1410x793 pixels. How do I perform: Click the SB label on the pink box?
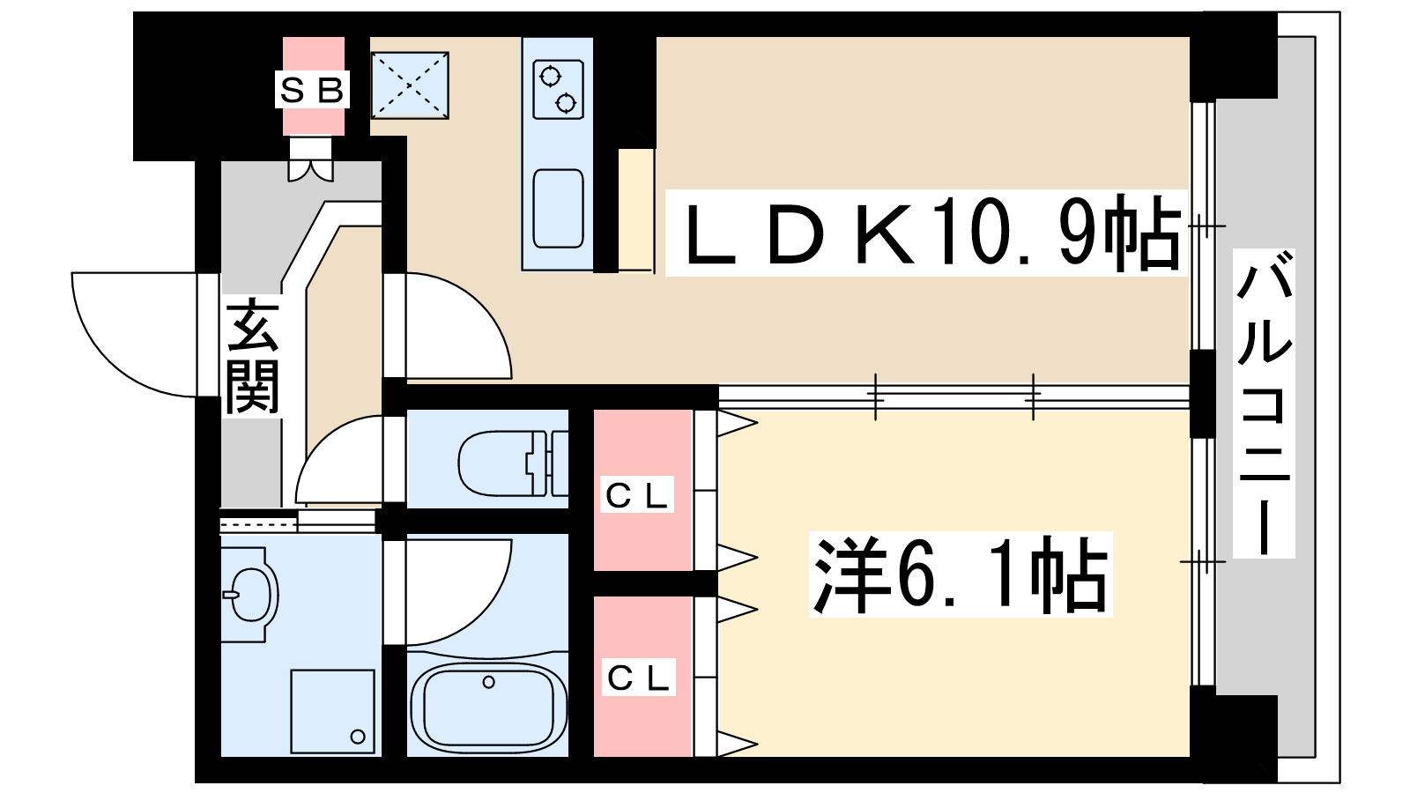click(x=312, y=90)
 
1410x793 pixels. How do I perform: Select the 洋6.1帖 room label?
click(x=961, y=574)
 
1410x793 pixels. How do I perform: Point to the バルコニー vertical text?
click(x=1264, y=403)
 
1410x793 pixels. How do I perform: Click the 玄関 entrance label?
click(x=252, y=357)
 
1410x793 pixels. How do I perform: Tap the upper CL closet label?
click(x=639, y=495)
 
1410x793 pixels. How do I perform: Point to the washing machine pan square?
click(x=333, y=711)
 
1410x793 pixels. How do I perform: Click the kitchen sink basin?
click(x=558, y=209)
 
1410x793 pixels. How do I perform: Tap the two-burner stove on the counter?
click(x=558, y=90)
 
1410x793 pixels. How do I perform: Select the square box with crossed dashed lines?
click(x=410, y=85)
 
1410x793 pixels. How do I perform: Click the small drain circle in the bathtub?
click(x=488, y=682)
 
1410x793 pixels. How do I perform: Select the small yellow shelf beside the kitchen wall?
click(x=635, y=210)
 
